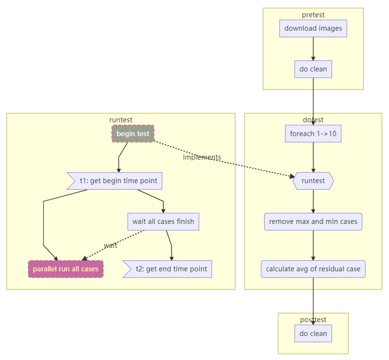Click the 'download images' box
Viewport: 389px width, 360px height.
point(313,28)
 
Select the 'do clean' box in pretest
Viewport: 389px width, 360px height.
point(313,69)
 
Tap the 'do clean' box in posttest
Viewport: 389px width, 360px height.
point(313,334)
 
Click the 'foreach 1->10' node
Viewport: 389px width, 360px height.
point(313,134)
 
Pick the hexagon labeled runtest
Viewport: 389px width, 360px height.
point(313,181)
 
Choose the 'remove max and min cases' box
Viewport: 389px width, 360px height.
point(313,221)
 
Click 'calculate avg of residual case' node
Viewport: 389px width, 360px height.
point(313,269)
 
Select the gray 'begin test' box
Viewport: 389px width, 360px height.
point(133,134)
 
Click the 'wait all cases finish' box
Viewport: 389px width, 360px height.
point(163,221)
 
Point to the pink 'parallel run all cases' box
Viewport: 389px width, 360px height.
point(66,269)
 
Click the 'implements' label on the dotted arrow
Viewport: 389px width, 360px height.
point(202,157)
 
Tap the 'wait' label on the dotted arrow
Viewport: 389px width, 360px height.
point(111,245)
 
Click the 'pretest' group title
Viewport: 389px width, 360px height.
point(313,15)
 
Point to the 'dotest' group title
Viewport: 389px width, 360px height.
point(313,120)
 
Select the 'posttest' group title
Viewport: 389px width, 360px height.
point(313,320)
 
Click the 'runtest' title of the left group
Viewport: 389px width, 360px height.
point(121,120)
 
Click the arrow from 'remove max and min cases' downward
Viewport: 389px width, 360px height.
point(313,245)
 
